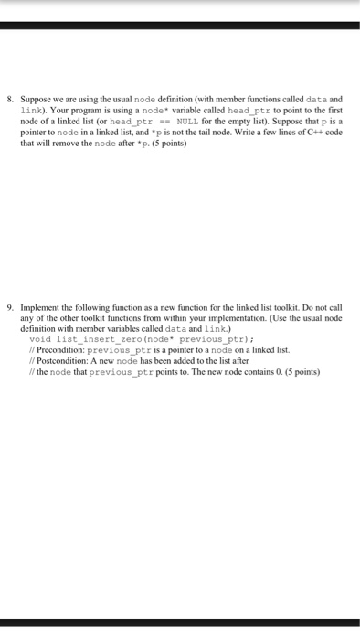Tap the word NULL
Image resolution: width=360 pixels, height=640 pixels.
tap(190, 121)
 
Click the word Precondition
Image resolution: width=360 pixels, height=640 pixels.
tap(62, 350)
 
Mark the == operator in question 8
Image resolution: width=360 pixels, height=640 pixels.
tap(164, 121)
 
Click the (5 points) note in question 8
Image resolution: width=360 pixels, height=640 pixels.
tap(177, 143)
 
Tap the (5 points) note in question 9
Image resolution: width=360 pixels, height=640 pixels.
tap(299, 372)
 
